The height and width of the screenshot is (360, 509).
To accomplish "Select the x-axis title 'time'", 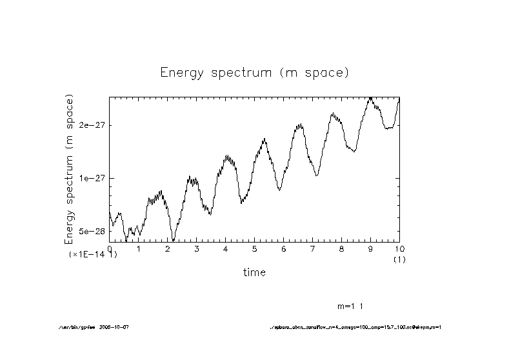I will click(x=254, y=272).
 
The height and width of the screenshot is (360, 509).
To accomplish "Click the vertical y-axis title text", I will click(x=69, y=169).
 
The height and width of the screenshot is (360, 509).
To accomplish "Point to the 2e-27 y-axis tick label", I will click(x=92, y=125).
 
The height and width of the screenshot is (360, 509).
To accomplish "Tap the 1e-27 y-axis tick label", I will click(x=92, y=178).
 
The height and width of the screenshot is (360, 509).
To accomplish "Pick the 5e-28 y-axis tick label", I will click(x=92, y=231).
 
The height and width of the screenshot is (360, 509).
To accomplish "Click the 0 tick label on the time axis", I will click(x=110, y=248).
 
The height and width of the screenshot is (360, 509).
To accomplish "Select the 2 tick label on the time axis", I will click(x=168, y=248).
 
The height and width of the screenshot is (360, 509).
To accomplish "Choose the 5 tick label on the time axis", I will click(x=255, y=248).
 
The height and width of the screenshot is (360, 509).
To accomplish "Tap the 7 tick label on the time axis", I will click(x=313, y=248).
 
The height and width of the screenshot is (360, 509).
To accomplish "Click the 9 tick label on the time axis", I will click(x=371, y=248).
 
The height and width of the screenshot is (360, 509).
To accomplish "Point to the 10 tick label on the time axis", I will click(x=399, y=248).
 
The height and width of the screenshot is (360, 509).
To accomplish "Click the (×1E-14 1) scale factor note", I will click(x=93, y=255).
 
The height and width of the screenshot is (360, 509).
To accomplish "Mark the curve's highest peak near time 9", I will click(x=371, y=98).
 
